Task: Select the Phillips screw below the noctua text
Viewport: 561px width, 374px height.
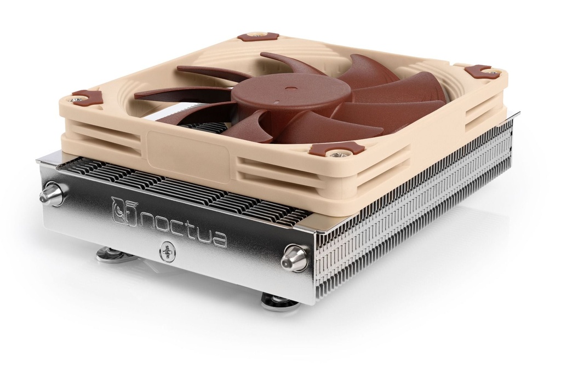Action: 167,252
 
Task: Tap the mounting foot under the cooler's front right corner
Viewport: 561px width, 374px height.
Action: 279,301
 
